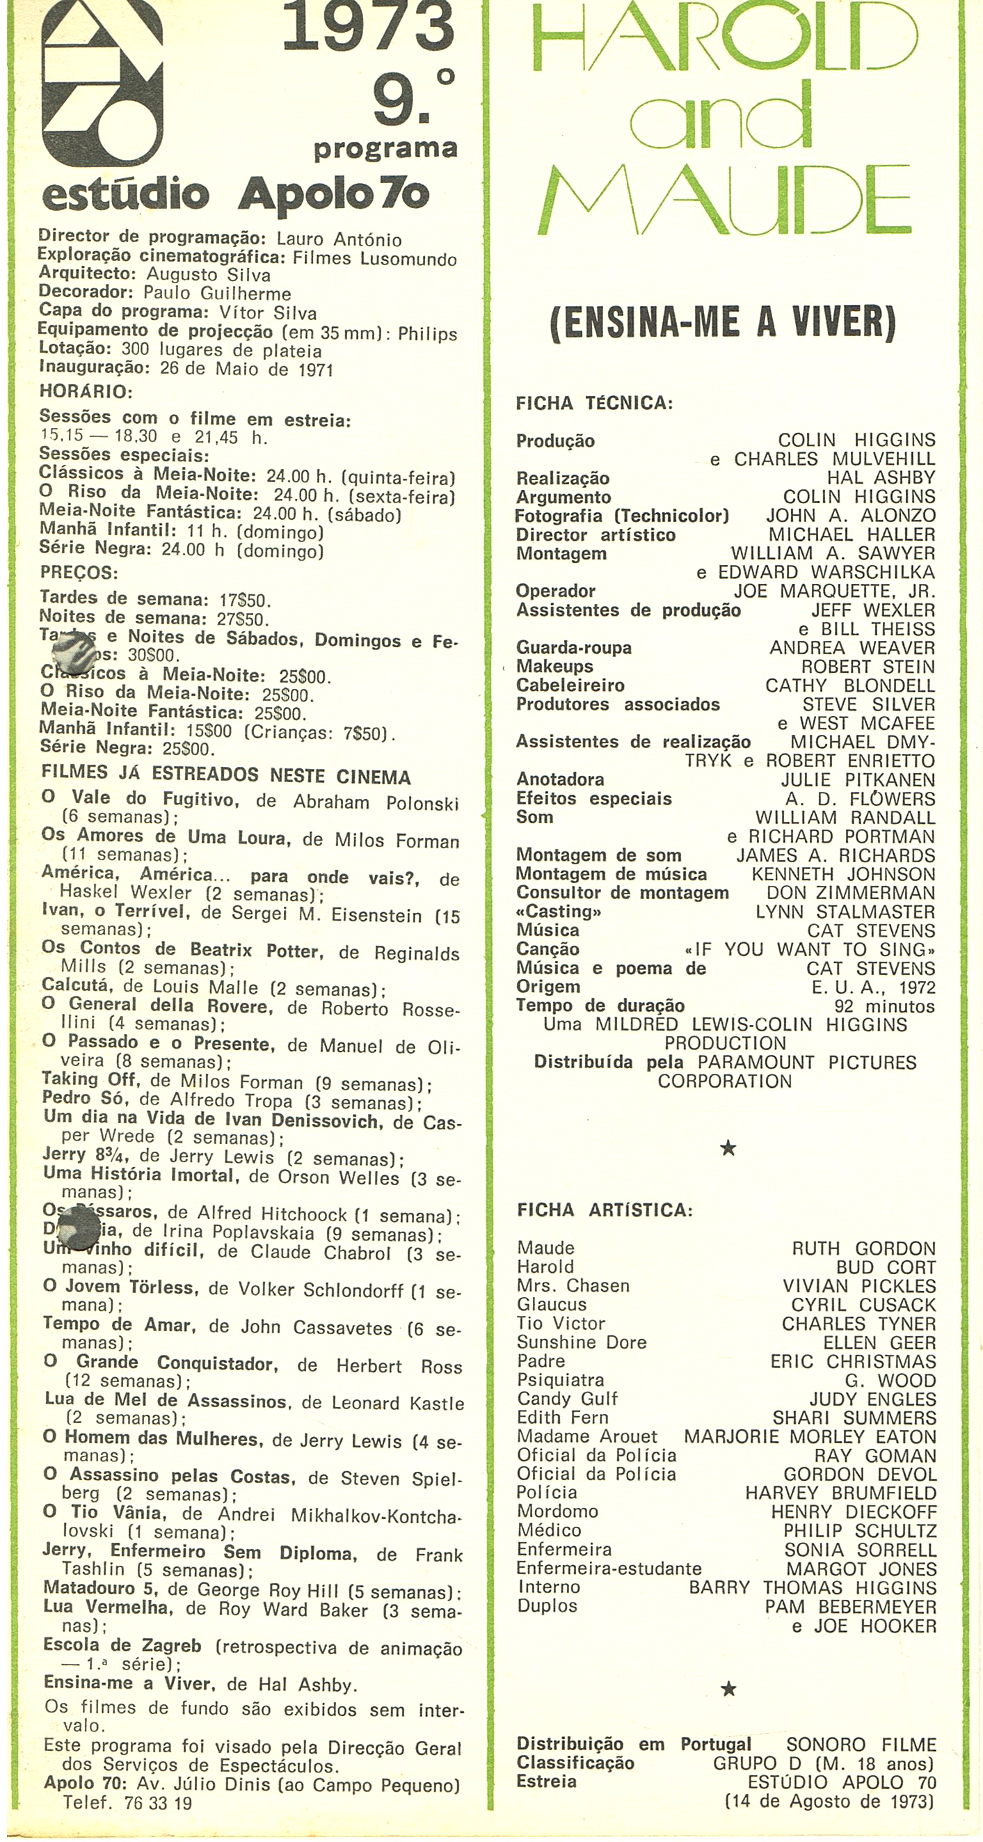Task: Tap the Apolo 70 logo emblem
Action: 102,82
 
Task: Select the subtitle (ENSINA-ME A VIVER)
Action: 723,323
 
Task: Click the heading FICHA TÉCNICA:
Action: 594,404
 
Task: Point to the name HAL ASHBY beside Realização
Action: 881,477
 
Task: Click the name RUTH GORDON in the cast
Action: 863,1248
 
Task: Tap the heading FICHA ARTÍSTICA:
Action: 604,1210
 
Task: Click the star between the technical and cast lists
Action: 728,1148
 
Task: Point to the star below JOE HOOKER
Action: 728,1689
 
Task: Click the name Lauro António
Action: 339,239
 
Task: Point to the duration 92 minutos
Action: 884,1006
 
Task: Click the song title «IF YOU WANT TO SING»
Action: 809,950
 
